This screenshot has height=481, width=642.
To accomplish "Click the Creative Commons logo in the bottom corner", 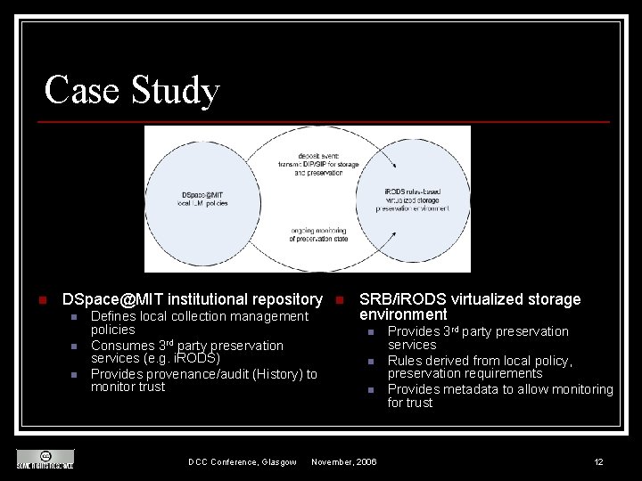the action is (x=45, y=458).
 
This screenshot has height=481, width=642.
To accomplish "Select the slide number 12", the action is (x=598, y=461).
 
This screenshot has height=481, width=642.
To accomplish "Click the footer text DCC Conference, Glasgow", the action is (x=242, y=461).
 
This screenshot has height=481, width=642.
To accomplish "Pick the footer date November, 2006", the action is (x=343, y=461).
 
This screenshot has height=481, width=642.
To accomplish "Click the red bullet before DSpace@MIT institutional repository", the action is (x=29, y=299).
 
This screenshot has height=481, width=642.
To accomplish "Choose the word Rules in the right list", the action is (x=405, y=361).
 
